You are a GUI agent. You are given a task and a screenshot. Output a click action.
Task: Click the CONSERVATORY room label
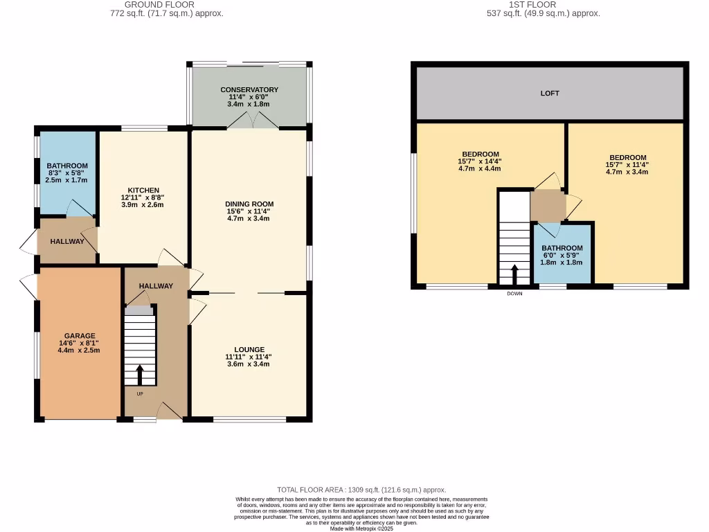pyautogui.click(x=249, y=90)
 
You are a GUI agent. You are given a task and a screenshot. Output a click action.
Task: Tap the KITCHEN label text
pyautogui.click(x=143, y=190)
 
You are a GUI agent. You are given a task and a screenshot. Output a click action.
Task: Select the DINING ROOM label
pyautogui.click(x=249, y=204)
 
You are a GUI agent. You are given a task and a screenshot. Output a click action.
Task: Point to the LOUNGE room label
pyautogui.click(x=249, y=350)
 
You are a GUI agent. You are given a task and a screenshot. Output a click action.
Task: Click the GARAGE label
pyautogui.click(x=79, y=336)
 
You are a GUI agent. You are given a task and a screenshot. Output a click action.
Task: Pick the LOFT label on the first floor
pyautogui.click(x=550, y=93)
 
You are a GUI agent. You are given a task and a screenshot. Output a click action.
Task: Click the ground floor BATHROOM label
pyautogui.click(x=67, y=166)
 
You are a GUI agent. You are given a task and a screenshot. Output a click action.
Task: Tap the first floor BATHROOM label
pyautogui.click(x=562, y=248)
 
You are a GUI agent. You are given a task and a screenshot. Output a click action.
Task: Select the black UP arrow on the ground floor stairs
pyautogui.click(x=140, y=375)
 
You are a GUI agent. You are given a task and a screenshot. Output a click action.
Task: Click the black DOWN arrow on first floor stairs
pyautogui.click(x=514, y=274)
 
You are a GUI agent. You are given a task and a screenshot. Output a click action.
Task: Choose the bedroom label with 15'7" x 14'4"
pyautogui.click(x=480, y=154)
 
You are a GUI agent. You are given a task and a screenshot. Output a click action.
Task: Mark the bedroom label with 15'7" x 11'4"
pyautogui.click(x=628, y=158)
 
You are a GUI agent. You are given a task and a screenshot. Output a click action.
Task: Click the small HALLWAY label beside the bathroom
pyautogui.click(x=67, y=241)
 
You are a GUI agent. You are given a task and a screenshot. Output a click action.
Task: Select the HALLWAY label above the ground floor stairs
pyautogui.click(x=156, y=286)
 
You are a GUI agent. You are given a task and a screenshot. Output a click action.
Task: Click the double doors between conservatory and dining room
pyautogui.click(x=249, y=123)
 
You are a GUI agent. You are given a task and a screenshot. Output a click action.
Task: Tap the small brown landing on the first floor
pyautogui.click(x=547, y=205)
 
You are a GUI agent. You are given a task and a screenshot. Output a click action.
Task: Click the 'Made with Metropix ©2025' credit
pyautogui.click(x=361, y=528)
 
